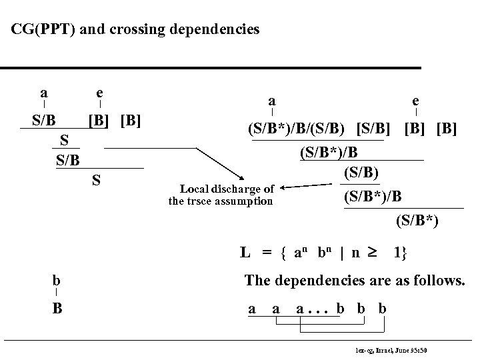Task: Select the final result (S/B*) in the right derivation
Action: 417,219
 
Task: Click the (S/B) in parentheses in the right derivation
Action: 363,173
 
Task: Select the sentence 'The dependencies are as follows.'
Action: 355,281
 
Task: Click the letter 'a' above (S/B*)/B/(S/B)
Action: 271,101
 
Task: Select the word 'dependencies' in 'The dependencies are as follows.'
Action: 309,281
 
